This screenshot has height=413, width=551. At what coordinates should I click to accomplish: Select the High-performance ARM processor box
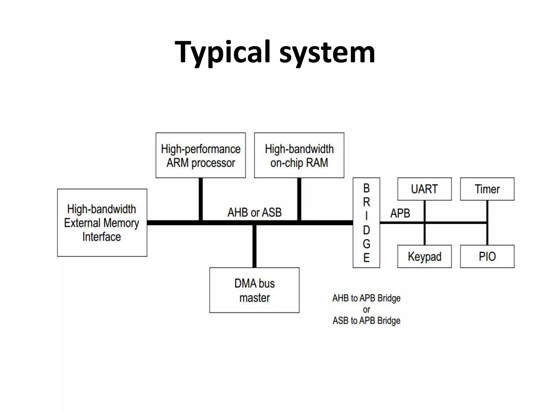pos(201,155)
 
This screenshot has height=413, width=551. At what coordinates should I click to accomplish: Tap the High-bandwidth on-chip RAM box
pos(299,155)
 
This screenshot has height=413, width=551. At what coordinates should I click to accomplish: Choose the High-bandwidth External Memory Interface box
pos(102,223)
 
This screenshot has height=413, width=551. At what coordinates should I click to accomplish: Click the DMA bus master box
pos(254,290)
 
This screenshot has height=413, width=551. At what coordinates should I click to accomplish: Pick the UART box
pos(424,189)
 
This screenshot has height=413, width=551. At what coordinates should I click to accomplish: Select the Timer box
pos(487,189)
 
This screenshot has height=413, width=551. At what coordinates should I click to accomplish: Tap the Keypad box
pos(424,256)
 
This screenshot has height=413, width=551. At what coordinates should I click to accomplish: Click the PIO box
pos(487,256)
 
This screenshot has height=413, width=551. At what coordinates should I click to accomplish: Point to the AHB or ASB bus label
pos(255,212)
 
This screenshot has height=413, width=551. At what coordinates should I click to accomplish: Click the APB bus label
pos(400,213)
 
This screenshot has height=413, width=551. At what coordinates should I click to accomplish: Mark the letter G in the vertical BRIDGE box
pos(366,244)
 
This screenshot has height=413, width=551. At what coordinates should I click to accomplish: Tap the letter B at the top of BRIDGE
pos(366,188)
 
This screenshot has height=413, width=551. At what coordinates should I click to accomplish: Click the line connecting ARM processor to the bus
pos(201,199)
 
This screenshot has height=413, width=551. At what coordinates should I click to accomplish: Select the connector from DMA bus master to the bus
pos(254,246)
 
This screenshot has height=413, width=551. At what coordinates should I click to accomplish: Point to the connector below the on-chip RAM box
pos(299,199)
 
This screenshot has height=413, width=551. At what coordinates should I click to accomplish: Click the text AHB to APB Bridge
pos(366,298)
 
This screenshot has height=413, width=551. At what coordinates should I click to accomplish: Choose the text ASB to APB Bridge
pos(366,321)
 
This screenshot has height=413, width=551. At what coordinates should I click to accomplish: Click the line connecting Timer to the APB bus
pos(487,211)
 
